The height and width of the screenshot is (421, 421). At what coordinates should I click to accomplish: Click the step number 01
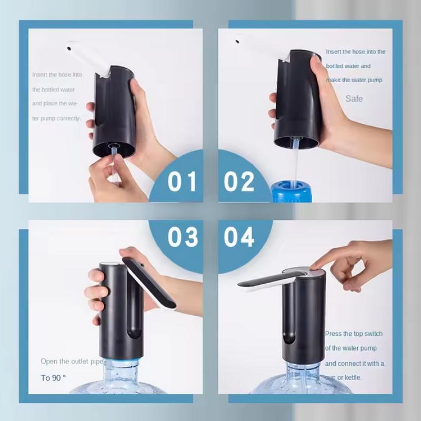point(182,182)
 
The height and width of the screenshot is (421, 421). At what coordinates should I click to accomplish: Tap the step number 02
point(239,182)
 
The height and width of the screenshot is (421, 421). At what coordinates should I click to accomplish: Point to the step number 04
point(239,237)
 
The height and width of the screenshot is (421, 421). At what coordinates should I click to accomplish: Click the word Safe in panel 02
point(354,98)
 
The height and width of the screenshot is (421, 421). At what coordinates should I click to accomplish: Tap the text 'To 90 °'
point(54,378)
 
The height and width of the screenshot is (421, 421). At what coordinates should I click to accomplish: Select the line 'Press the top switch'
point(354,334)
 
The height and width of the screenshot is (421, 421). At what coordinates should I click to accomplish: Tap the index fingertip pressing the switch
point(316,265)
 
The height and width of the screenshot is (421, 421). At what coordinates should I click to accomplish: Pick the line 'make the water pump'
point(354,80)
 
